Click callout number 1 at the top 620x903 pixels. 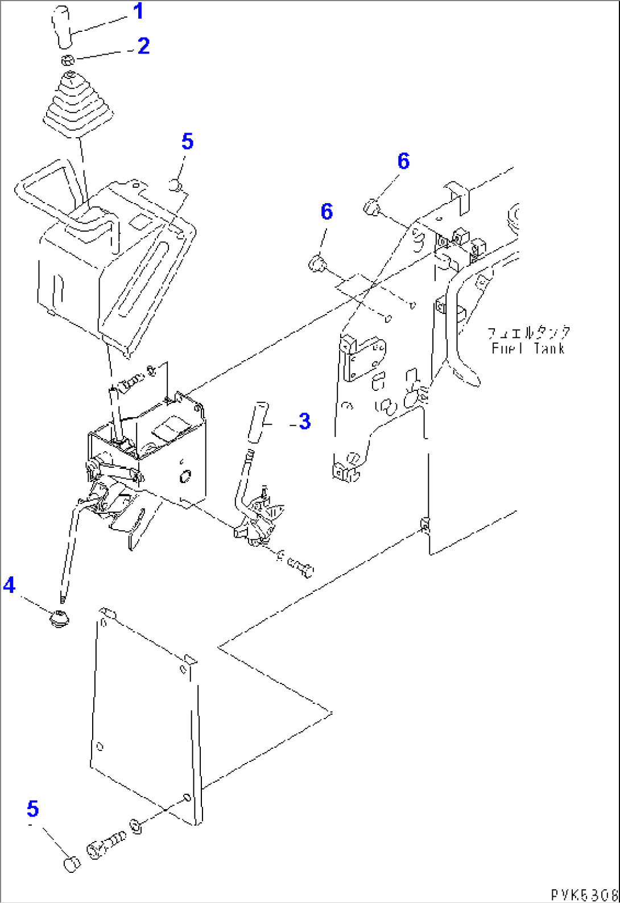[x=138, y=11]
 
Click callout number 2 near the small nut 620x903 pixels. [x=143, y=46]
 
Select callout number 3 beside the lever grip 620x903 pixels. [x=304, y=422]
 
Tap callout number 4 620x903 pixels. [x=9, y=584]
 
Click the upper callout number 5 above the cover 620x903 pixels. [x=187, y=142]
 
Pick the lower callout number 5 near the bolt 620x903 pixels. [x=32, y=809]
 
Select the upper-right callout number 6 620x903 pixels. [x=403, y=161]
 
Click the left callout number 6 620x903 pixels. [x=326, y=212]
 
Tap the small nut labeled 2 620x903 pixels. [x=67, y=60]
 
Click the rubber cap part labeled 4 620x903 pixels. [x=59, y=619]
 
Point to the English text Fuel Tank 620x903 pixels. [x=528, y=348]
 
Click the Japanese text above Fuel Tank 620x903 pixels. [x=528, y=333]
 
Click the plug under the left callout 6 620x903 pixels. [x=316, y=263]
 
